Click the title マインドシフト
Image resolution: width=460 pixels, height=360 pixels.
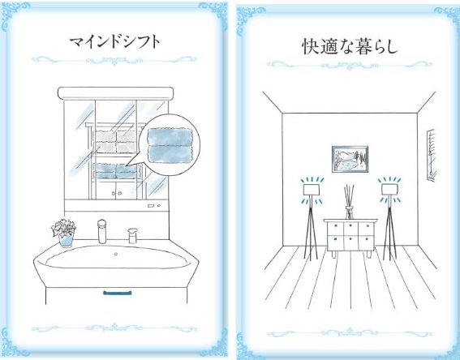pyautogui.click(x=115, y=42)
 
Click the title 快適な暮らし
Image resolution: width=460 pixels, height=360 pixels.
pyautogui.click(x=350, y=46)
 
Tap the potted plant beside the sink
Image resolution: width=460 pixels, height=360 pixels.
pyautogui.click(x=64, y=233)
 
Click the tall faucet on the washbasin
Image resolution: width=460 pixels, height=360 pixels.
pyautogui.click(x=101, y=231)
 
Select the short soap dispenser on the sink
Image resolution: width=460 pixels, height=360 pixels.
pyautogui.click(x=132, y=236)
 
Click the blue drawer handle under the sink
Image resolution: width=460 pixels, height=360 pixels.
pyautogui.click(x=117, y=293)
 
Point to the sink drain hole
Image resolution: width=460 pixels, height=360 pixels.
pyautogui.click(x=116, y=254)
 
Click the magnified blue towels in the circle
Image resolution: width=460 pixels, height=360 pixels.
pyautogui.click(x=170, y=145)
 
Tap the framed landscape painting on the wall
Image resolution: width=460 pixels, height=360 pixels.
pyautogui.click(x=350, y=159)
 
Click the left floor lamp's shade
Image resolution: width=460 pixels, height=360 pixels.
pyautogui.click(x=312, y=190)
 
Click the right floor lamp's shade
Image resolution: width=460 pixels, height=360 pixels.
pyautogui.click(x=389, y=189)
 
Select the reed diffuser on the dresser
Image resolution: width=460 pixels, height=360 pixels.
pyautogui.click(x=349, y=202)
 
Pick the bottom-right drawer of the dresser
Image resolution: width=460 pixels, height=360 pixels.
pyautogui.click(x=366, y=242)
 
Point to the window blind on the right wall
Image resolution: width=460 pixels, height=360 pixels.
pyautogui.click(x=432, y=155)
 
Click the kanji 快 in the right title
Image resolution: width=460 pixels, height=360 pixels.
pyautogui.click(x=311, y=46)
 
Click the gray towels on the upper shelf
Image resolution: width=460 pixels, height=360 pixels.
pyautogui.click(x=115, y=142)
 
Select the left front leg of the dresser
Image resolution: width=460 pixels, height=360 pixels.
pyautogui.click(x=333, y=254)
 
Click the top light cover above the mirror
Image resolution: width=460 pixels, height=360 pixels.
pyautogui.click(x=115, y=93)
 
